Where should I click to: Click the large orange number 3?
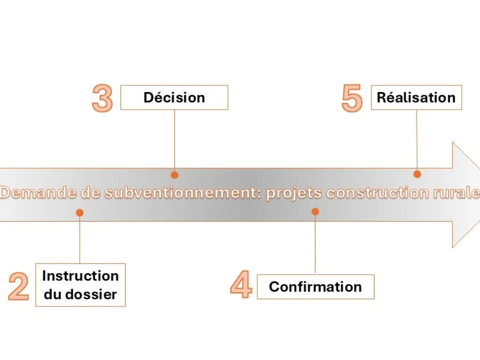[x=103, y=98]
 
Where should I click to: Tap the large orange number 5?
[x=352, y=98]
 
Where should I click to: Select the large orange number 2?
[x=18, y=286]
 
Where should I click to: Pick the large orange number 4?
[x=241, y=285]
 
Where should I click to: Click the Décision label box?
[x=174, y=97]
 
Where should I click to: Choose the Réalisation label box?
[x=416, y=97]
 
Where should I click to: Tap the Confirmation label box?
[x=315, y=287]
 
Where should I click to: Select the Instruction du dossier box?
[x=81, y=285]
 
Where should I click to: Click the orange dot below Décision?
[x=174, y=175]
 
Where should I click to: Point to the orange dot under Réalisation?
[x=417, y=174]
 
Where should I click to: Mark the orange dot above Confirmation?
[x=315, y=211]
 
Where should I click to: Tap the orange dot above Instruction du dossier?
[x=80, y=213]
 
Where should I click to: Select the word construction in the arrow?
[x=377, y=193]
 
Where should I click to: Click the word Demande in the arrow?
[x=38, y=193]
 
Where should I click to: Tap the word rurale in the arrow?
[x=457, y=193]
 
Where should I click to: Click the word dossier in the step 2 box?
[x=91, y=294]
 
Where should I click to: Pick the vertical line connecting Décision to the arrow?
[x=174, y=140]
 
